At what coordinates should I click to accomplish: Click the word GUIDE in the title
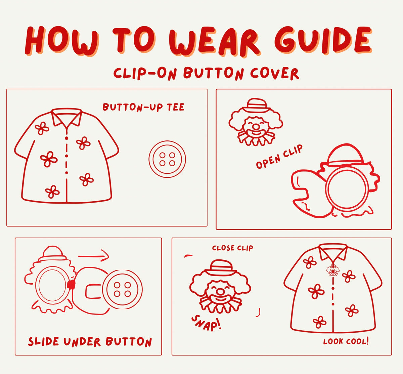click(x=323, y=41)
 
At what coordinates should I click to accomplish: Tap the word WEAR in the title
click(x=215, y=42)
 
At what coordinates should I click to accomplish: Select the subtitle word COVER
click(x=275, y=74)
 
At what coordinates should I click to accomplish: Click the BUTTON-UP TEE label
click(x=143, y=108)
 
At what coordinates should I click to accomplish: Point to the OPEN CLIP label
click(x=279, y=157)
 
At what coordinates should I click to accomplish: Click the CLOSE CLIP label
click(x=232, y=248)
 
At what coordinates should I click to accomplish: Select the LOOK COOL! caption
click(x=346, y=341)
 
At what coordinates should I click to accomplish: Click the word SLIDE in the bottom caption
click(x=43, y=341)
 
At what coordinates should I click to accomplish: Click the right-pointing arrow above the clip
click(x=94, y=256)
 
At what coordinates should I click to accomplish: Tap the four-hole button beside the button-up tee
click(x=167, y=159)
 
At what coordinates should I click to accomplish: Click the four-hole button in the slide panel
click(x=122, y=290)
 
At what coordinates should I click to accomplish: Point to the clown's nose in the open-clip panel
click(x=256, y=127)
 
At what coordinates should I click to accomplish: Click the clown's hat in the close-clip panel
click(x=221, y=267)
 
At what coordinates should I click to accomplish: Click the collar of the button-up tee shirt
click(x=66, y=117)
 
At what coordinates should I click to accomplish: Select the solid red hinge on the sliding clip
click(x=71, y=285)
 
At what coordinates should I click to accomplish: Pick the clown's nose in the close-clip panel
click(x=220, y=292)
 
